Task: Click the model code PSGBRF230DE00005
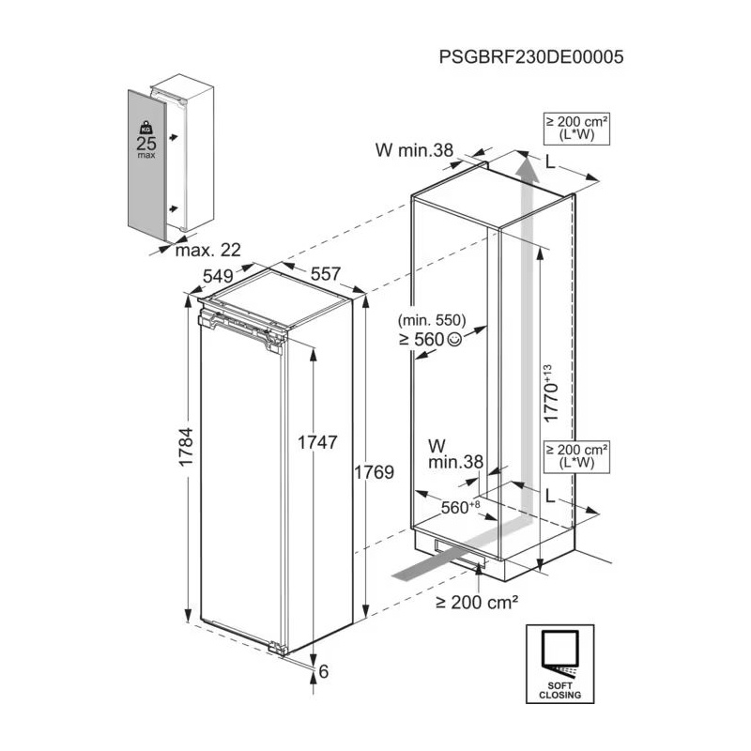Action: click(530, 55)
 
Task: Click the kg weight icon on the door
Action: click(146, 126)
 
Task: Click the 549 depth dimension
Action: click(217, 277)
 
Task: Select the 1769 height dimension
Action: click(373, 471)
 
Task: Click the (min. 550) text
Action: click(432, 320)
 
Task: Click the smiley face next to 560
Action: click(455, 340)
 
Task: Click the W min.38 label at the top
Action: click(414, 148)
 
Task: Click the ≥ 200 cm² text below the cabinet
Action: click(477, 603)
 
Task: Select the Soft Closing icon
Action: click(560, 663)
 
